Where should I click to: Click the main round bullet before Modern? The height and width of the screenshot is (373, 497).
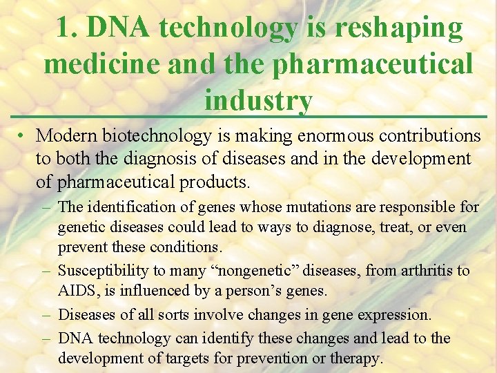tap(23, 135)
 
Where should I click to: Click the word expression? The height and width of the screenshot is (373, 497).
tap(396, 315)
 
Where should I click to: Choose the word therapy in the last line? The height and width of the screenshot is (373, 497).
tap(356, 358)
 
